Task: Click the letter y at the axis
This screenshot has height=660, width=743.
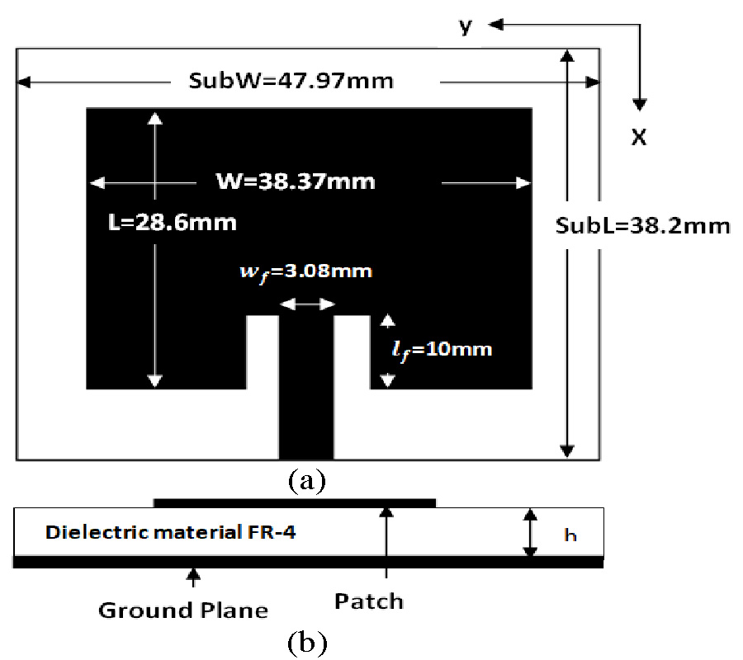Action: [x=466, y=27]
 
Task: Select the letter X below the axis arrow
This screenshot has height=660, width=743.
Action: [x=638, y=138]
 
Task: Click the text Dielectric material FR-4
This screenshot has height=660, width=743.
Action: [x=171, y=532]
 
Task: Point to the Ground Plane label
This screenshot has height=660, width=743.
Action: [x=183, y=610]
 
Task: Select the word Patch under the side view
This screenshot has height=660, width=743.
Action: [x=369, y=601]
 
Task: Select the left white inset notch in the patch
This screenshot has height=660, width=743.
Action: [x=263, y=352]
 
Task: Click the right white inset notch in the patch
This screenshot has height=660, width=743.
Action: [x=351, y=352]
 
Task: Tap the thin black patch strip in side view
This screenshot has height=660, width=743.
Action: [x=294, y=502]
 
